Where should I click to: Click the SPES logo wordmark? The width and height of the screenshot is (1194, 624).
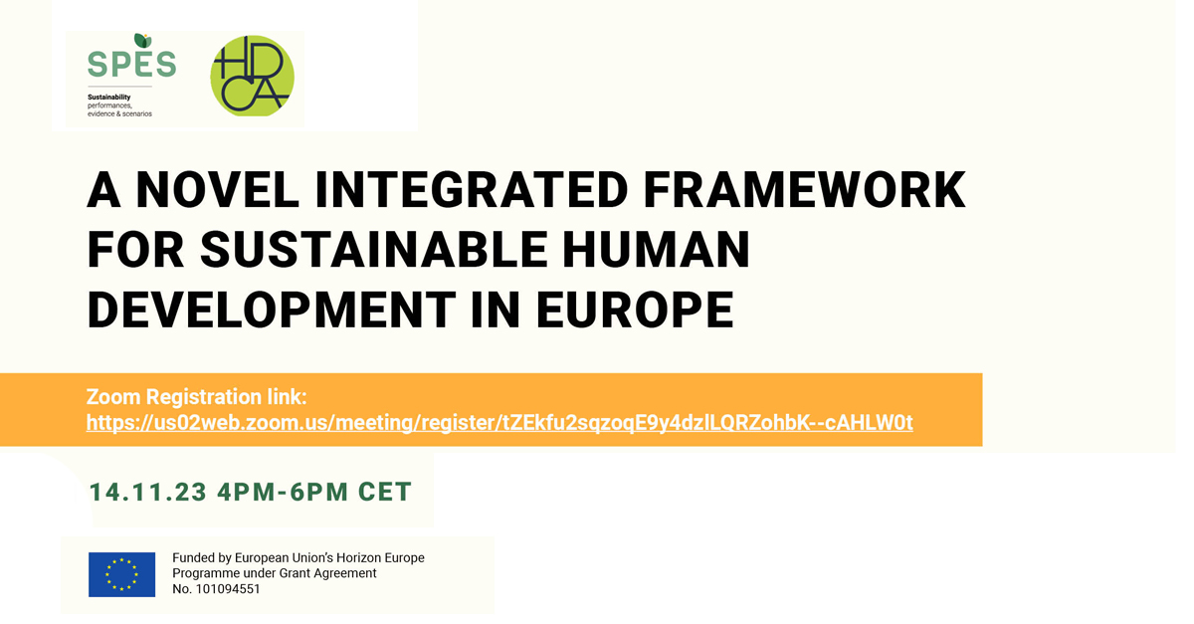pos(131,64)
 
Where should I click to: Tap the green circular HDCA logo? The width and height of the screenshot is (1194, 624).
pos(252,76)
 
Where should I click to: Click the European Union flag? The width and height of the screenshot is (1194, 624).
pos(122,574)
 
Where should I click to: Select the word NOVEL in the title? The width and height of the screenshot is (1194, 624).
pos(218,190)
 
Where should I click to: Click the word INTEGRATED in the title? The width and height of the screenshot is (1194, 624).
pos(472,190)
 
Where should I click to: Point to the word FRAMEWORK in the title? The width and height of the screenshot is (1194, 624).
pos(804,190)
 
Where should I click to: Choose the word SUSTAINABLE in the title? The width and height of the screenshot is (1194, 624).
pos(374,250)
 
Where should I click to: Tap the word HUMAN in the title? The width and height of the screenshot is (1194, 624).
pos(657,250)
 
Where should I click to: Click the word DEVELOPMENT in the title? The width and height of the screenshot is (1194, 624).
pos(272,310)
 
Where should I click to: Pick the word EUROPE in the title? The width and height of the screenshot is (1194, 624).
pos(636,310)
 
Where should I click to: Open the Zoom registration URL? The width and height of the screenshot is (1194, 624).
pos(499,422)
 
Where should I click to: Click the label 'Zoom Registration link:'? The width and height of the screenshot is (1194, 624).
pos(197,397)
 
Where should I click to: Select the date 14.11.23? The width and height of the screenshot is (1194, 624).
pos(147,492)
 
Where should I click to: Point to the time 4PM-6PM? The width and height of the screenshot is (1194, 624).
pos(283,492)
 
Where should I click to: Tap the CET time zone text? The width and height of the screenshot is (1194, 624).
pos(385,492)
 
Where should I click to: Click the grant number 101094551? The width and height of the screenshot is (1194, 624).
pos(228,589)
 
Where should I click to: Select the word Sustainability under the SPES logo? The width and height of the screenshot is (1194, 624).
pos(109,98)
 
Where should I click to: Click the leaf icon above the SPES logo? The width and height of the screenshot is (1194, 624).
pos(143,41)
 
